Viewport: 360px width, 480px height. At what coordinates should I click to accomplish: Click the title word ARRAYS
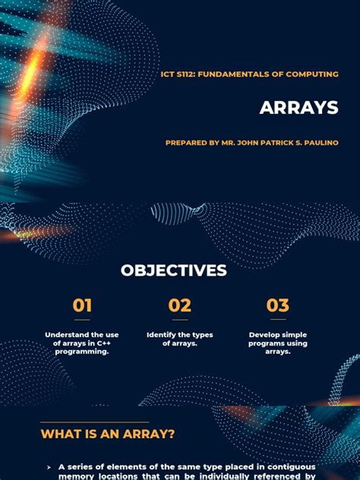(x=298, y=108)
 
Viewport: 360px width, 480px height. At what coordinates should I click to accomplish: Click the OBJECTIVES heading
(x=173, y=270)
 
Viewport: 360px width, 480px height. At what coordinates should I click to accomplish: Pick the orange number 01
(x=82, y=305)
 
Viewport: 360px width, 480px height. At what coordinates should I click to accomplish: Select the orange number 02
(x=179, y=305)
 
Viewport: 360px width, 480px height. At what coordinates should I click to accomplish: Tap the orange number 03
(x=277, y=305)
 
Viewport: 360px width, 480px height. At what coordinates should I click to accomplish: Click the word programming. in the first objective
(x=82, y=352)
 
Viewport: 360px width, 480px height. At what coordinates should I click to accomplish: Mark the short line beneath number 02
(x=179, y=320)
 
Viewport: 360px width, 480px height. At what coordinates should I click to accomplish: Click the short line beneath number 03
(x=277, y=320)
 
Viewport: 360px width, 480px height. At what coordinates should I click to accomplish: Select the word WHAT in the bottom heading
(x=58, y=434)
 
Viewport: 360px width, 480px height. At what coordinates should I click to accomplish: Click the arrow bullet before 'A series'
(x=49, y=467)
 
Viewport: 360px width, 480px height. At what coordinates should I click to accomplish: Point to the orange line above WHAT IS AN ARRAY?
(x=95, y=422)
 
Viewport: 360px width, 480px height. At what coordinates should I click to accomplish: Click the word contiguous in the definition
(x=289, y=466)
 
